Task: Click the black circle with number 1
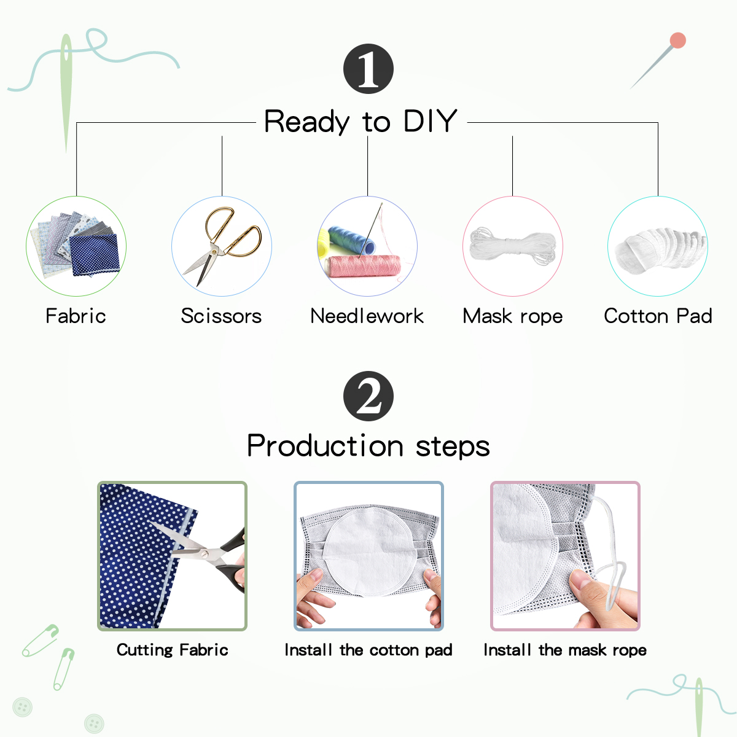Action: (x=368, y=69)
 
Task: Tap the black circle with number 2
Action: (x=368, y=396)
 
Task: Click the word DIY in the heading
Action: (x=431, y=121)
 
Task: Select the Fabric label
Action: (x=76, y=316)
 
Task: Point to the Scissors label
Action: (x=222, y=316)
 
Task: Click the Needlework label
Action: (x=367, y=316)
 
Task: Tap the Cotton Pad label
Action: (x=658, y=316)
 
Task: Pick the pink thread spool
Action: (x=362, y=266)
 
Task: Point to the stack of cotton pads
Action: (x=660, y=249)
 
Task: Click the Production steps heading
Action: (x=368, y=446)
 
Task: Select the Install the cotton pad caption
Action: (x=368, y=650)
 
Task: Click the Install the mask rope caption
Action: (x=565, y=650)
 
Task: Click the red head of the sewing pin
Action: (x=677, y=41)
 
